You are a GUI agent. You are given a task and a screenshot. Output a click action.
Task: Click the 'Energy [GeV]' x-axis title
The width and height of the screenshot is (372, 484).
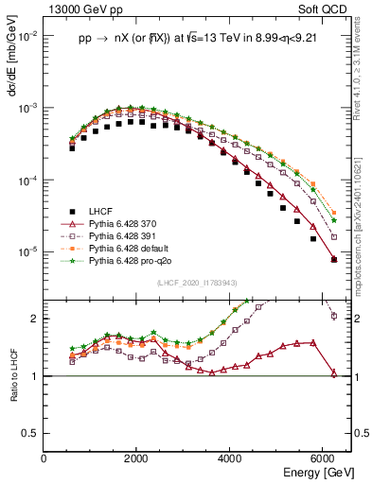pos(316,472)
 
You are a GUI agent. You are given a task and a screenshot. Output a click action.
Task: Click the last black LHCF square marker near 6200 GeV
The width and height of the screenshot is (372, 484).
pos(333,259)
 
